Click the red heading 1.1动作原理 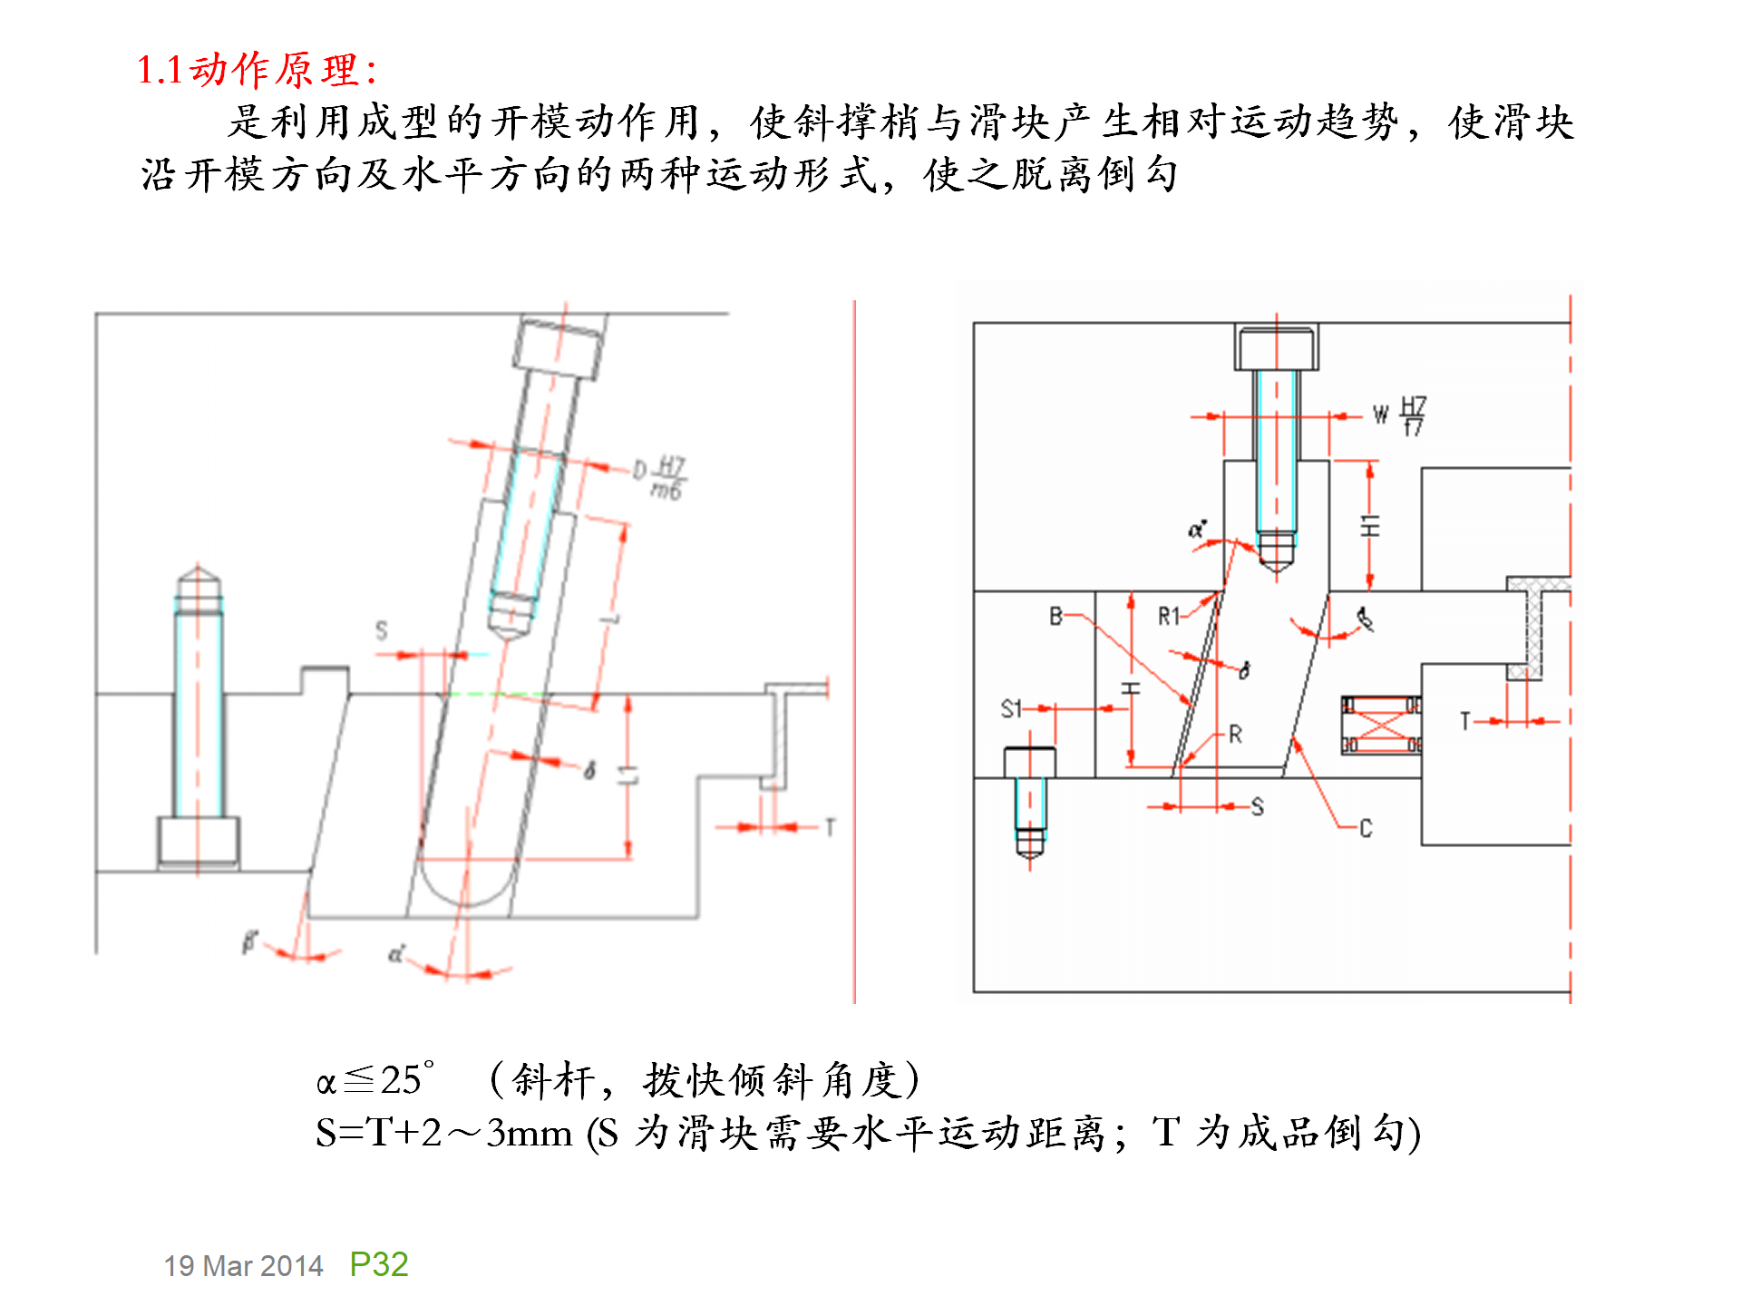257,70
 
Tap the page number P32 378,1263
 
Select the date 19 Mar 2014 243,1265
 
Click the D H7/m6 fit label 661,476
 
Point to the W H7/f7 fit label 1401,415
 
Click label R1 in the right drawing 1168,617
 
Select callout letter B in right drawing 1055,617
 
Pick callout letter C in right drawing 1366,828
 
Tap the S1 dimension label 1011,708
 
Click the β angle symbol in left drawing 249,941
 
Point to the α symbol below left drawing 395,954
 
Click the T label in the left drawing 830,827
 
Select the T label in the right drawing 1464,721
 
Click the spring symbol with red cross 1381,725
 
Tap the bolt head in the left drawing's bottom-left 199,841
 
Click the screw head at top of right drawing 1276,348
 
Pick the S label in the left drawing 381,629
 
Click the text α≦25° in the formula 375,1080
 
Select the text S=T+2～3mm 444,1133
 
